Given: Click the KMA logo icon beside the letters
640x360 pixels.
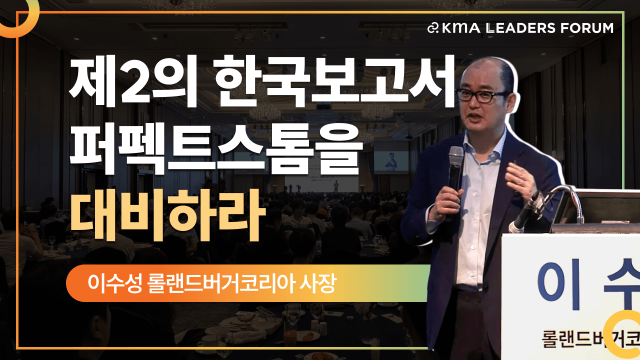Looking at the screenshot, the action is (x=433, y=28).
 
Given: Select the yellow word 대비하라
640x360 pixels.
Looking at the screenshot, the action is (x=168, y=215).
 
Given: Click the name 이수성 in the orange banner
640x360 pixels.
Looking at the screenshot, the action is (x=114, y=283).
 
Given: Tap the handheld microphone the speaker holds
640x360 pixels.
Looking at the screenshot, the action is (x=455, y=168).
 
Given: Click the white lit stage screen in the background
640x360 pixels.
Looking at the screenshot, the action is (x=321, y=183).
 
